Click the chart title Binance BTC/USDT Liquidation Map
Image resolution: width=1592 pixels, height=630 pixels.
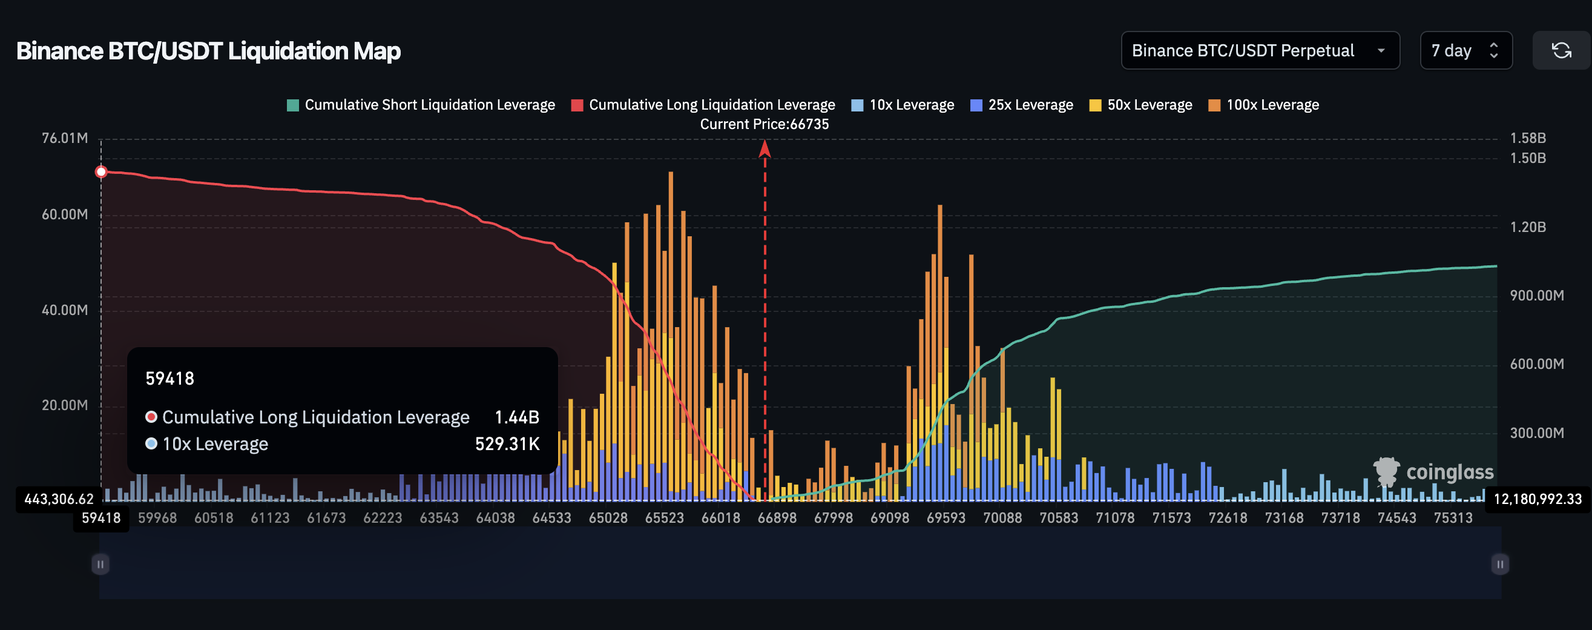(x=208, y=51)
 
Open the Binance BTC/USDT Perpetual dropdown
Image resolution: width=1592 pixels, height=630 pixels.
(x=1260, y=51)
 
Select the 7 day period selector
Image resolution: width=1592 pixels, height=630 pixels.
(x=1465, y=51)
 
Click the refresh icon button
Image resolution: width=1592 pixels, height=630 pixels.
(x=1561, y=51)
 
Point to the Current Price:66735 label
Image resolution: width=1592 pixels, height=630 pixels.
(x=765, y=124)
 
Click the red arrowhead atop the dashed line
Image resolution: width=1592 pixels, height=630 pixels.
(x=765, y=148)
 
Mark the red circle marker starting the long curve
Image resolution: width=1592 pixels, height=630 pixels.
(x=101, y=172)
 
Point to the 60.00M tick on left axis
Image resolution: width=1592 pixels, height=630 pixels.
(x=64, y=214)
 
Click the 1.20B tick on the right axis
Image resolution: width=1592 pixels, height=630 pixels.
(x=1528, y=227)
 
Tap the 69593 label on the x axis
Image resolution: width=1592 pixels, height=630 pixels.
(x=946, y=518)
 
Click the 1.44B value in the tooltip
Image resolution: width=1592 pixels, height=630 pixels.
(x=517, y=417)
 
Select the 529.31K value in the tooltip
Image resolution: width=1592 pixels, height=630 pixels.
(x=507, y=444)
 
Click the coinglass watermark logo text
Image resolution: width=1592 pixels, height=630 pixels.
(x=1449, y=472)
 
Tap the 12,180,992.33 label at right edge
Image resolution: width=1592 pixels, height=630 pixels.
(x=1537, y=499)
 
